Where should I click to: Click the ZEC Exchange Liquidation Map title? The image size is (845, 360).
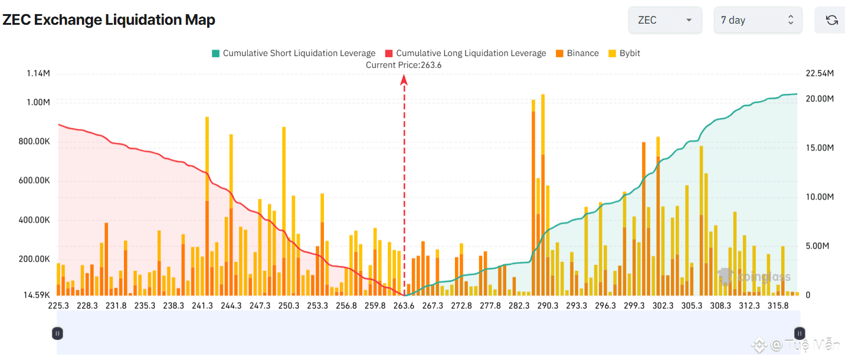click(x=109, y=20)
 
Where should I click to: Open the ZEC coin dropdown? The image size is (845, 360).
click(x=664, y=20)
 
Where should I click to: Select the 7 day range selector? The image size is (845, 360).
click(x=757, y=20)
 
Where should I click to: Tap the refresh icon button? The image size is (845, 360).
click(x=831, y=20)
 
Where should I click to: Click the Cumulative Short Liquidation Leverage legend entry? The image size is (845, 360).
click(x=293, y=53)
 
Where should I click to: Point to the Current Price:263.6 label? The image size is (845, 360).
click(x=404, y=65)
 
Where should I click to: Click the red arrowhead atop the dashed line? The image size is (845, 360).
click(x=404, y=81)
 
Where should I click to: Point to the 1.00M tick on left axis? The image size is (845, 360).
click(x=38, y=102)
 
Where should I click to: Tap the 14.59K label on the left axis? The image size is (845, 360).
click(x=37, y=295)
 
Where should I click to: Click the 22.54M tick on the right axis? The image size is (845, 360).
click(x=820, y=73)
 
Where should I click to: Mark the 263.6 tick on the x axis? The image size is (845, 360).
click(x=404, y=306)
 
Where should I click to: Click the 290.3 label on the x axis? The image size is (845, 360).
click(x=548, y=306)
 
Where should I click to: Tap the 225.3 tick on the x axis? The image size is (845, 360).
click(x=58, y=306)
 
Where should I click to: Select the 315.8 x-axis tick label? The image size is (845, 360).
click(x=778, y=306)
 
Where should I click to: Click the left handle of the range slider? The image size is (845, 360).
click(x=57, y=333)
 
